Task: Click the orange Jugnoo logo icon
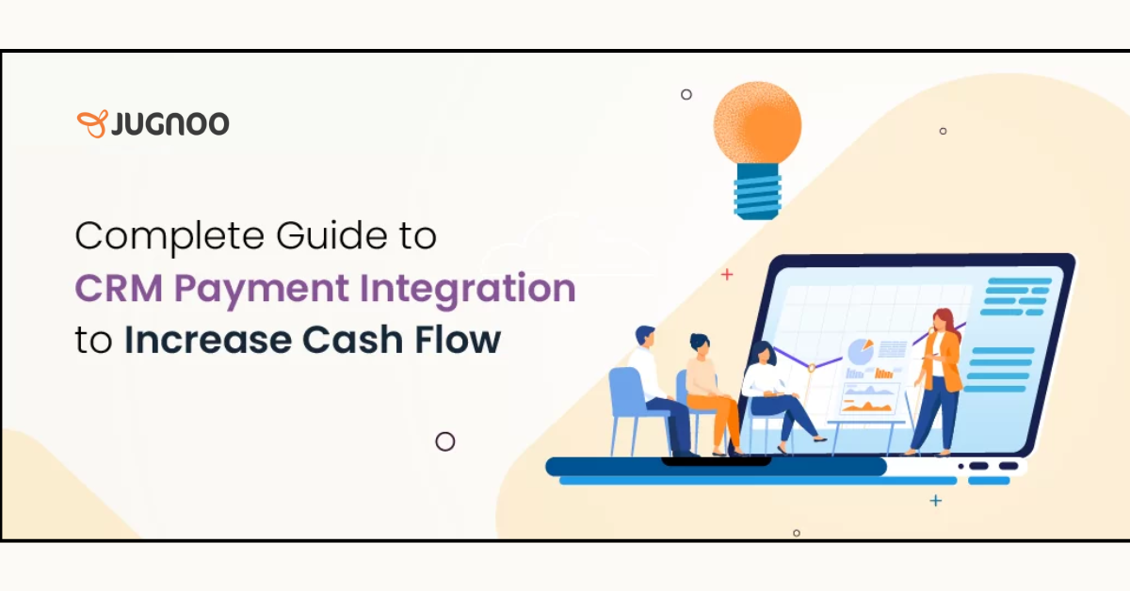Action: click(91, 123)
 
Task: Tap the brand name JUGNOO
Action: click(169, 123)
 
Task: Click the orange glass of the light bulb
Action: click(757, 123)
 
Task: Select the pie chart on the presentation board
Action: click(860, 351)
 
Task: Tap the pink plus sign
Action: click(726, 275)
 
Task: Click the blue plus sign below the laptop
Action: click(935, 501)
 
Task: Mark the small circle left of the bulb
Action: click(686, 94)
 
